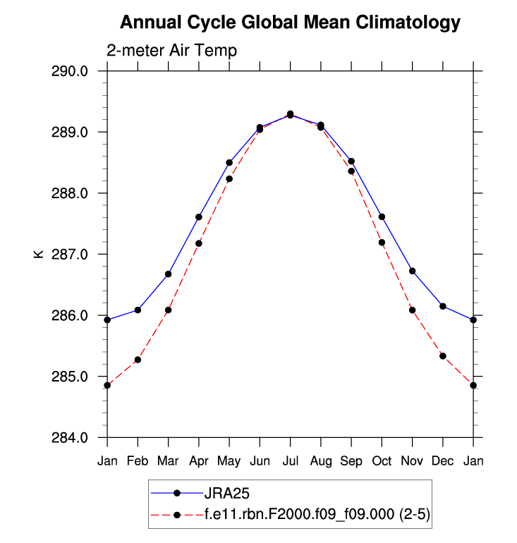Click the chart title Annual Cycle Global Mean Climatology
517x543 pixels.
(x=290, y=23)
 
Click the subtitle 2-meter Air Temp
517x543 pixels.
(x=171, y=51)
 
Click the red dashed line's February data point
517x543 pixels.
(x=138, y=360)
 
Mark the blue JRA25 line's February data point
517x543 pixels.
(x=138, y=310)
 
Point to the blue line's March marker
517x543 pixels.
(x=168, y=274)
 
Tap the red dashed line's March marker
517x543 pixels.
(x=168, y=310)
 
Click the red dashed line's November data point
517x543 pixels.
(x=412, y=310)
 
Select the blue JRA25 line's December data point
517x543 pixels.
(x=443, y=306)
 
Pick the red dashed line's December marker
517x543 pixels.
(x=443, y=356)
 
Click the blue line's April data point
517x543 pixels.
(x=199, y=217)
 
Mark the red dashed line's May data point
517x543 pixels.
(x=229, y=179)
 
